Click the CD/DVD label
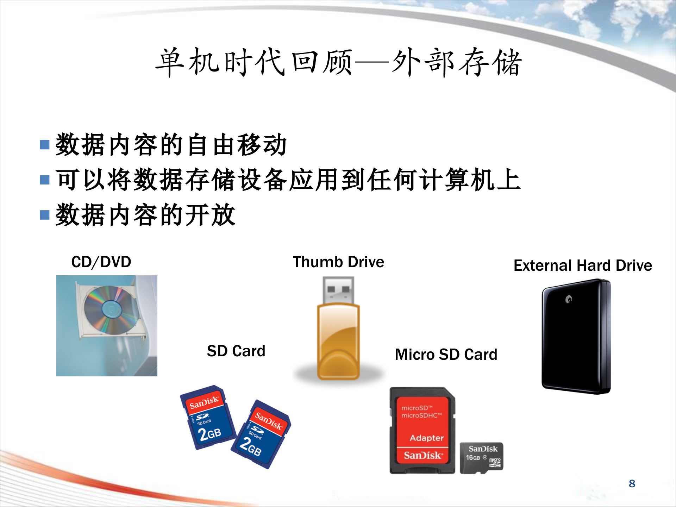pyautogui.click(x=101, y=262)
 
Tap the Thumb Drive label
pyautogui.click(x=338, y=262)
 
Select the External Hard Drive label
pyautogui.click(x=583, y=265)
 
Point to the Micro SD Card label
pyautogui.click(x=446, y=355)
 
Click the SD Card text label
pyautogui.click(x=236, y=351)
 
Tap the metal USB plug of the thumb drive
pyautogui.click(x=338, y=290)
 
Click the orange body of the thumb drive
pyautogui.click(x=338, y=342)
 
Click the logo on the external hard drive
pyautogui.click(x=569, y=299)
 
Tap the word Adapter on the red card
pyautogui.click(x=427, y=438)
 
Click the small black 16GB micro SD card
pyautogui.click(x=481, y=458)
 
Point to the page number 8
pyautogui.click(x=632, y=484)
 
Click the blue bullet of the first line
pyautogui.click(x=45, y=145)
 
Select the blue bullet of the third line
pyautogui.click(x=45, y=215)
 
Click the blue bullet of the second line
pyautogui.click(x=45, y=180)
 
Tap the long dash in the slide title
pyautogui.click(x=371, y=63)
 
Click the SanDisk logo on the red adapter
pyautogui.click(x=423, y=456)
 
